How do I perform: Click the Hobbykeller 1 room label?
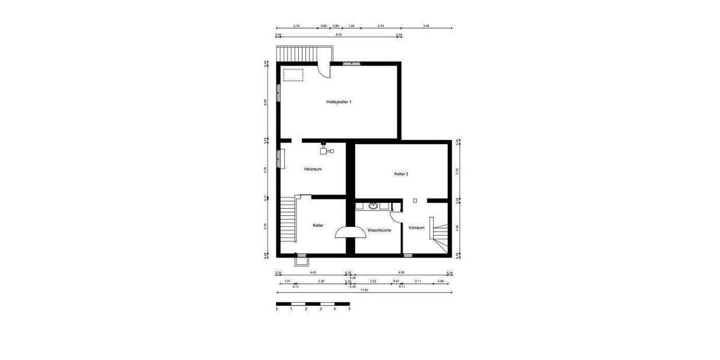point(338,102)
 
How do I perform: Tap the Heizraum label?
point(313,169)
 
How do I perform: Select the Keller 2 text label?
point(401,174)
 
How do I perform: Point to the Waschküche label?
point(379,230)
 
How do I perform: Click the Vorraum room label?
point(416,228)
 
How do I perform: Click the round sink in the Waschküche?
point(373,206)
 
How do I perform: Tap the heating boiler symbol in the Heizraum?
point(326,150)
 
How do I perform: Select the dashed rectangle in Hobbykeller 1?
point(293,74)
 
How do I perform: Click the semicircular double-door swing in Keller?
point(347,232)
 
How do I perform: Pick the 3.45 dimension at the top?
point(426,26)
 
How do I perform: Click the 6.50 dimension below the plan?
point(401,272)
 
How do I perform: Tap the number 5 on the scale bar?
point(349,309)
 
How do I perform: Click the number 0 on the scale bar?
point(277,309)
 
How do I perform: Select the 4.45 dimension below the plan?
point(313,272)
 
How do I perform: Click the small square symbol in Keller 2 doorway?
point(415,201)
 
